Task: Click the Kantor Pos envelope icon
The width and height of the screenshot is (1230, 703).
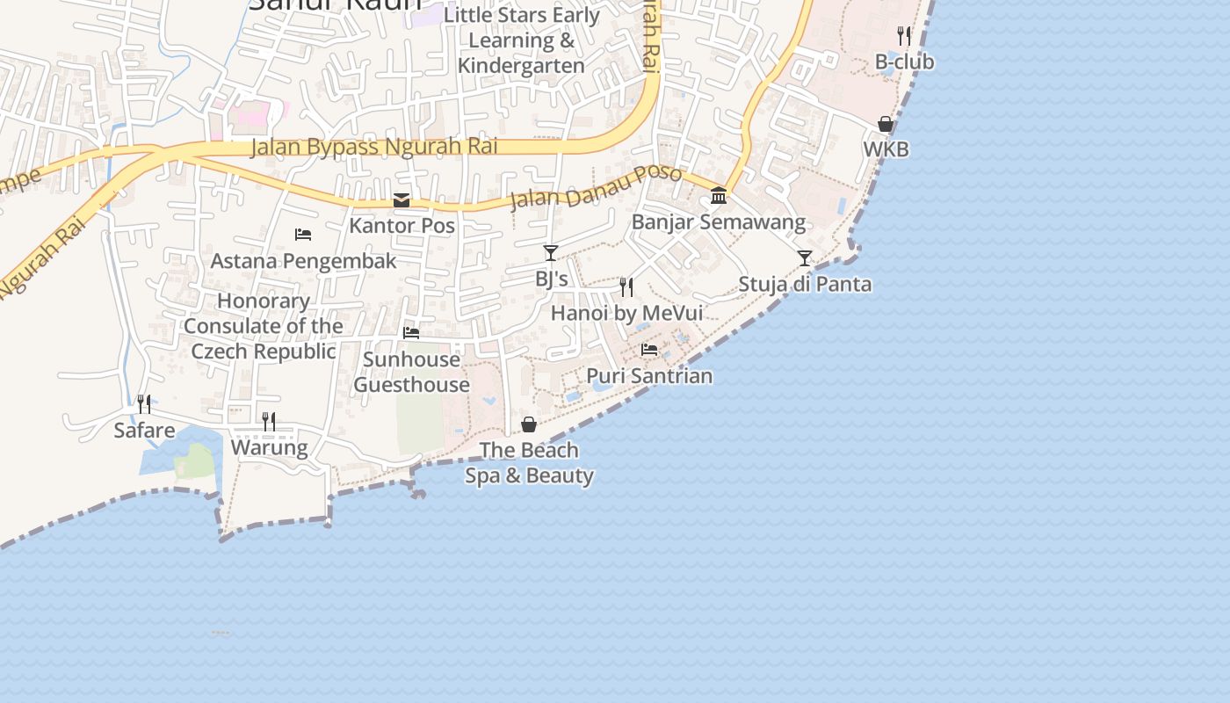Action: tap(402, 200)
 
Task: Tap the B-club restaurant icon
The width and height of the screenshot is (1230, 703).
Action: tap(904, 36)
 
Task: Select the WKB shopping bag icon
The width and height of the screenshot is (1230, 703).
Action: tap(886, 124)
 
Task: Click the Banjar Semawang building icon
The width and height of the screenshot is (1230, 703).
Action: tap(719, 195)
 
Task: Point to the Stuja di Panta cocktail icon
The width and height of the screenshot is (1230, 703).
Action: tap(805, 258)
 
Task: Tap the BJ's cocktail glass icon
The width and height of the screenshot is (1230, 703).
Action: tap(551, 253)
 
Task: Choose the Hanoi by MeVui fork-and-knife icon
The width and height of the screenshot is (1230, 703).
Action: tap(626, 287)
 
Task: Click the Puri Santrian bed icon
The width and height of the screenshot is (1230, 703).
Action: tap(649, 350)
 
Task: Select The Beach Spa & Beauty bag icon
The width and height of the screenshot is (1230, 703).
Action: tap(529, 424)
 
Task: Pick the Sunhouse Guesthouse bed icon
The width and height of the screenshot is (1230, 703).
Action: tap(411, 333)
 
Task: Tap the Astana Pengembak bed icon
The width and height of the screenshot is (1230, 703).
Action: tap(303, 235)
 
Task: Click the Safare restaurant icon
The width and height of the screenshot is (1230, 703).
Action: tap(144, 404)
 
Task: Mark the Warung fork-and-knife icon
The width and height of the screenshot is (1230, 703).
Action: tap(269, 422)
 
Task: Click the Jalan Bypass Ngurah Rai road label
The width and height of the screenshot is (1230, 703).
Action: tap(374, 146)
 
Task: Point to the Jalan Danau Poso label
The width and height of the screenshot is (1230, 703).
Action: tap(596, 187)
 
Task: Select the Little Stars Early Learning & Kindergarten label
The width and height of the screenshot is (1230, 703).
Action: tap(521, 40)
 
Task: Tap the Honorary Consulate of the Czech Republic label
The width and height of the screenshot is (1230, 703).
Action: tap(264, 326)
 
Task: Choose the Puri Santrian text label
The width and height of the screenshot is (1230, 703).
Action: tap(649, 376)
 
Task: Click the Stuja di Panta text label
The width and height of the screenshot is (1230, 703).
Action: tap(805, 285)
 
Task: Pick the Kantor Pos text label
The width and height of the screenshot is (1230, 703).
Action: tap(402, 226)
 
